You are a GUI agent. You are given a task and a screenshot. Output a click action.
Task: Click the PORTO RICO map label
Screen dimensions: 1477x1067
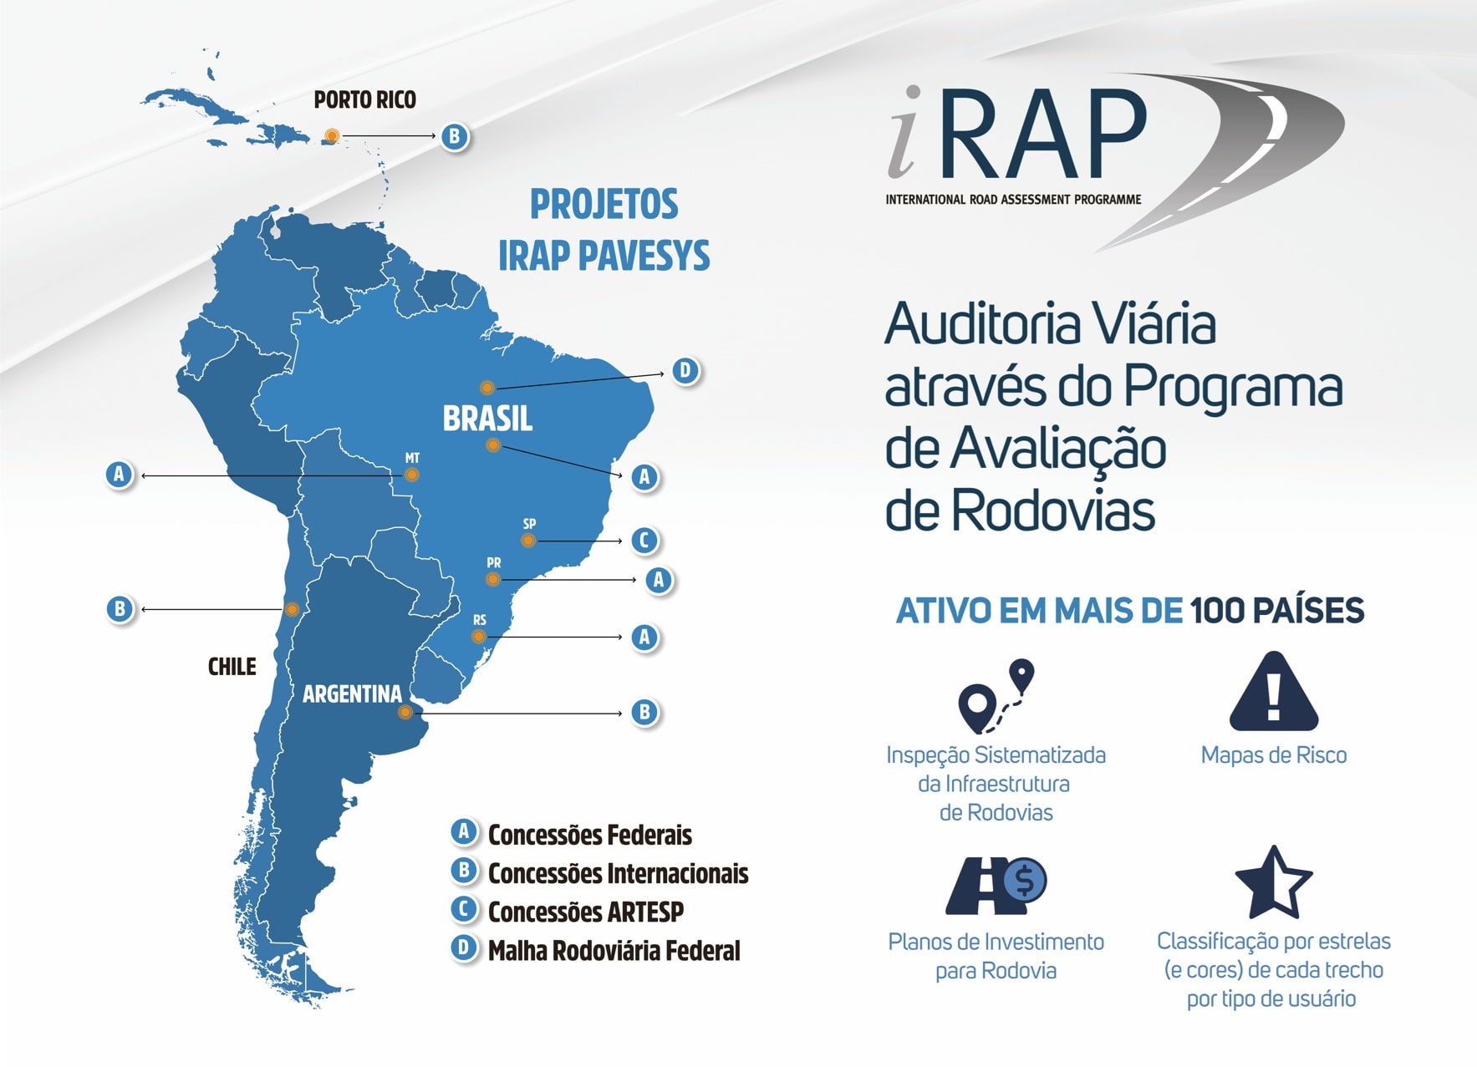(x=364, y=100)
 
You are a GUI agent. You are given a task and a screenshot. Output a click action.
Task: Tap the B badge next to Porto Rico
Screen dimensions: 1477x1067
(x=454, y=136)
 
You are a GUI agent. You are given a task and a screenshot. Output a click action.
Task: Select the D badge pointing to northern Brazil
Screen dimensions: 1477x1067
(x=685, y=370)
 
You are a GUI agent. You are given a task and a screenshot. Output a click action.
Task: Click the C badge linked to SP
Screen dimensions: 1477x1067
(x=644, y=541)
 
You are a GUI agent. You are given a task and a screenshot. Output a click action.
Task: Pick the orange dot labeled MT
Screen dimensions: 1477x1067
(x=411, y=475)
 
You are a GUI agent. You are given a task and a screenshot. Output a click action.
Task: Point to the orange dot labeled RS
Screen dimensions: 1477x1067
(x=478, y=637)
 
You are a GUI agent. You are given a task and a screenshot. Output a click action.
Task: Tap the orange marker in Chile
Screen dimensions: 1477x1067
(x=292, y=610)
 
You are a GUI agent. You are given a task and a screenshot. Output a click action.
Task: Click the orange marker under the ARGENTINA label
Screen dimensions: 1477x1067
(x=405, y=713)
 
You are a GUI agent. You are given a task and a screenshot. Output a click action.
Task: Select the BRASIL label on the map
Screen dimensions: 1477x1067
(x=487, y=419)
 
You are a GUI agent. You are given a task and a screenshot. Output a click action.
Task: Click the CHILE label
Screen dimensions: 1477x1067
(x=232, y=667)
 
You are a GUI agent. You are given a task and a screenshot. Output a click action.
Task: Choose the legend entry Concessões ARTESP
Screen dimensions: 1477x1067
(x=585, y=912)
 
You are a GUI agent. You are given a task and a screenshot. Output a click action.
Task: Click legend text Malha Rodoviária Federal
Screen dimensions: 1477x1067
(x=614, y=951)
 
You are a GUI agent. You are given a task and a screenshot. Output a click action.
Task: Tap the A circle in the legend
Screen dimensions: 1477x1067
(x=464, y=832)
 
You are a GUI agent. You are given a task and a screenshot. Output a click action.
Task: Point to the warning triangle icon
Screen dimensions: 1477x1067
(x=1274, y=692)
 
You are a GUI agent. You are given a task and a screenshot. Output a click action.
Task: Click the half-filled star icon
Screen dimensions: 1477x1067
(x=1273, y=882)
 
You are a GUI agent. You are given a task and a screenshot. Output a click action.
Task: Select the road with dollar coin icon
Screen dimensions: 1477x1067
(x=996, y=886)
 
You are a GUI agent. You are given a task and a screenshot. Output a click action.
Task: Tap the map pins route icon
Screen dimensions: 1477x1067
(x=996, y=697)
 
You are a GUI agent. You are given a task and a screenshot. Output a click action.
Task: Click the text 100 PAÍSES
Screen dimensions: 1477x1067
(x=1277, y=611)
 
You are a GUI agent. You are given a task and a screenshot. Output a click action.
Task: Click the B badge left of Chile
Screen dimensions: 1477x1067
(x=120, y=609)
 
